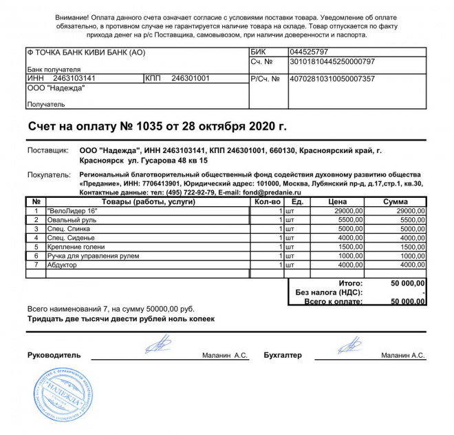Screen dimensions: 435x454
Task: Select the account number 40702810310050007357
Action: point(332,79)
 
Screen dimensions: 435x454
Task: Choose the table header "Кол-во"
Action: point(267,201)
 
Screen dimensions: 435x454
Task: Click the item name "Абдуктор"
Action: point(62,264)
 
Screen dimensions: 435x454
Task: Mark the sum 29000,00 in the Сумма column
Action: point(410,210)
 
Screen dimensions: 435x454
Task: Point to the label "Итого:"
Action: point(351,283)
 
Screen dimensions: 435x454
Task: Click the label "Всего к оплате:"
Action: point(334,301)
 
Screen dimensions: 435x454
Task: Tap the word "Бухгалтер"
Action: point(283,356)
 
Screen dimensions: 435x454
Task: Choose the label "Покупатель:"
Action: point(49,175)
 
